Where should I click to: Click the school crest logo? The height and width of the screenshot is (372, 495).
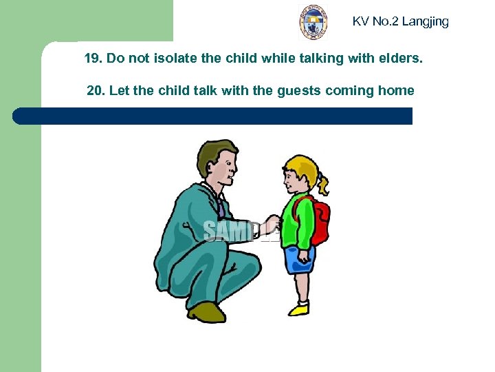click(313, 23)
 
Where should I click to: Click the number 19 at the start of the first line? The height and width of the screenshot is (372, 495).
click(92, 59)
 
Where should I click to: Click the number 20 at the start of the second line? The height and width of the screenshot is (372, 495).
click(96, 90)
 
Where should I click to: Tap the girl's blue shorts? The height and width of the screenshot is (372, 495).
click(299, 260)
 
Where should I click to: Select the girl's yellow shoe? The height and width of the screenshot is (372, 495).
click(299, 309)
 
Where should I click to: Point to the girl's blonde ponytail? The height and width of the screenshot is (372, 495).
click(322, 181)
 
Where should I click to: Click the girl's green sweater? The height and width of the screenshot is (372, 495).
click(297, 220)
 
